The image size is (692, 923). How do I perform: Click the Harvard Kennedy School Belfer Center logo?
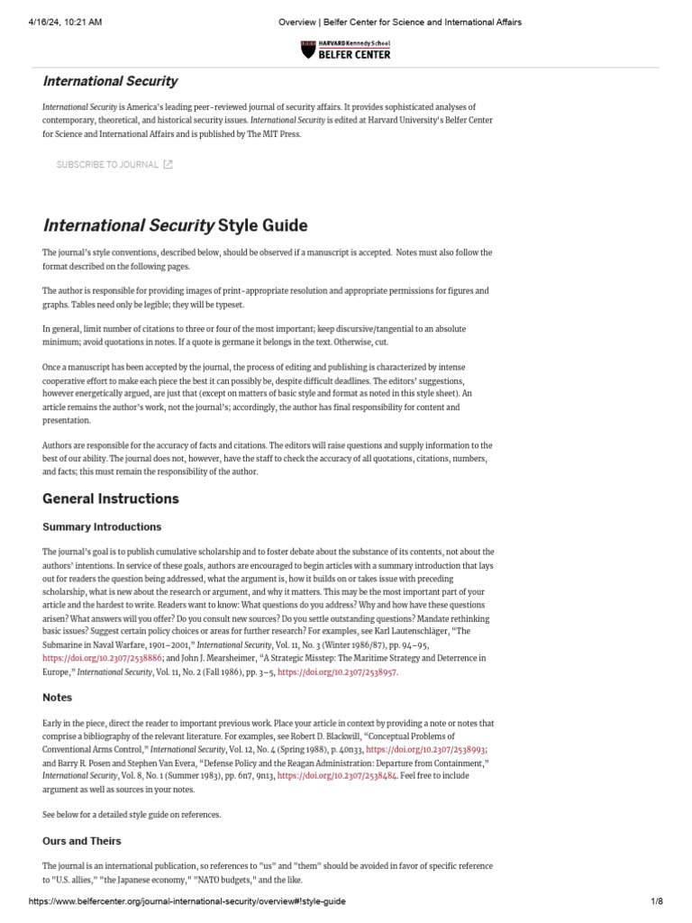(345, 50)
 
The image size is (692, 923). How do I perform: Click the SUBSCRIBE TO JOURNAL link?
(107, 164)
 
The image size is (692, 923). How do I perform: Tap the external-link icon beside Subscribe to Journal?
(168, 164)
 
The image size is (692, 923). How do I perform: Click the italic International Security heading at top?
(110, 81)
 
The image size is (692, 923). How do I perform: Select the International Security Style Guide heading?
(175, 224)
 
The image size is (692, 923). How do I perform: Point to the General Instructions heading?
(111, 498)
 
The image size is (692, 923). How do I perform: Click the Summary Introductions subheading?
(102, 526)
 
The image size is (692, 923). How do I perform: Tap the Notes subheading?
(58, 698)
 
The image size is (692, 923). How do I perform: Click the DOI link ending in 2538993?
(434, 749)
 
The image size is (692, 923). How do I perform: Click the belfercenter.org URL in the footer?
(187, 901)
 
